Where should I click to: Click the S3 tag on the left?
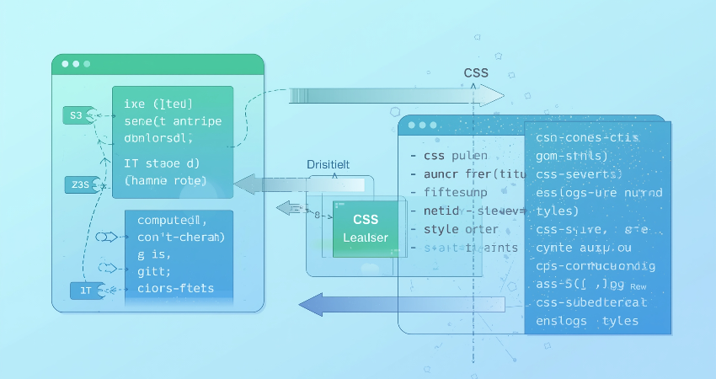click(77, 115)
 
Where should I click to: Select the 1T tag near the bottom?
click(85, 290)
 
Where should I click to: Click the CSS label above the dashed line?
click(476, 73)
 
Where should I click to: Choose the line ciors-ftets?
click(175, 288)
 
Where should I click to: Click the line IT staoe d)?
click(162, 163)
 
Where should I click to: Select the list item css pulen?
click(447, 156)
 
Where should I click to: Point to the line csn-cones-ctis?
click(587, 137)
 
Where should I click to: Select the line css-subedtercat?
click(591, 302)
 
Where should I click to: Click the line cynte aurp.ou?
click(583, 248)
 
